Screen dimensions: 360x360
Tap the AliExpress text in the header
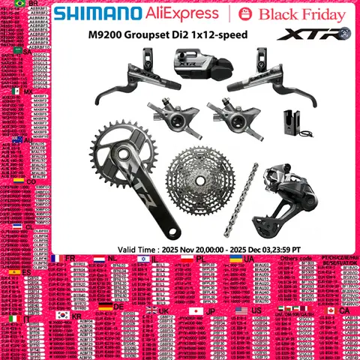(x=196, y=15)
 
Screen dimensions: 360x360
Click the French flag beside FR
(x=57, y=259)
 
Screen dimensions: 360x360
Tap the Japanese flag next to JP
(x=197, y=310)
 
